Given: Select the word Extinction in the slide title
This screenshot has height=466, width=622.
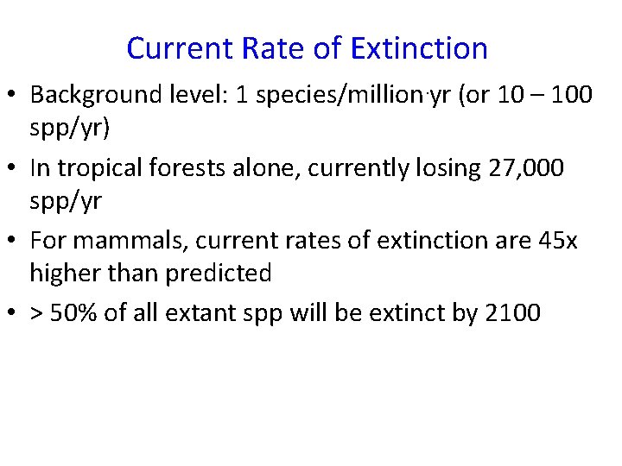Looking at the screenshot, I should pos(419,48).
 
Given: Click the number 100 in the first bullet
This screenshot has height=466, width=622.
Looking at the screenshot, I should pos(570,94).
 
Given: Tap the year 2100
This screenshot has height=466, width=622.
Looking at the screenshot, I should pos(513,312).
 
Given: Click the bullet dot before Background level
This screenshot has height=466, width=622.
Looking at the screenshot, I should pos(13,95).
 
